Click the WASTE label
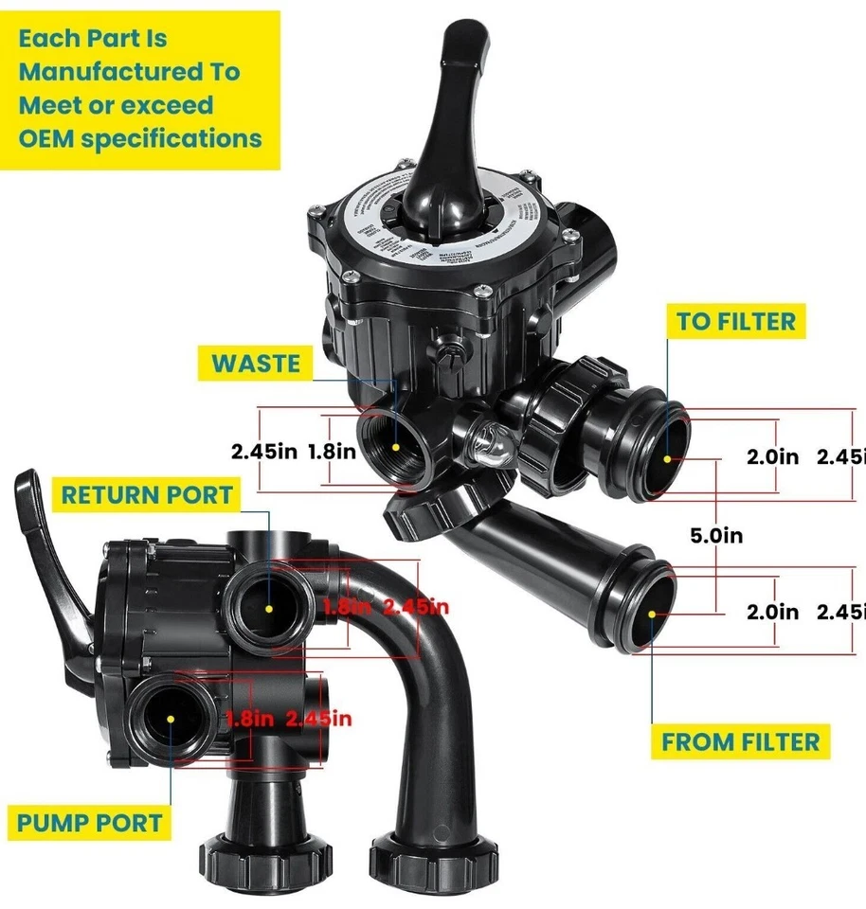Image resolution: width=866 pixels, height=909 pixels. [x=256, y=364]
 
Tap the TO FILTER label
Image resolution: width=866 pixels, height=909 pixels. [x=735, y=322]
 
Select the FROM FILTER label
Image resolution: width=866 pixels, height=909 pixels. [x=740, y=741]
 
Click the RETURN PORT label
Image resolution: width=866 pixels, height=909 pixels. [x=147, y=494]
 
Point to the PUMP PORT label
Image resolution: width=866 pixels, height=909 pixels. [x=88, y=822]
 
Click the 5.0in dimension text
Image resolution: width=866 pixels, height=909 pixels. [x=715, y=536]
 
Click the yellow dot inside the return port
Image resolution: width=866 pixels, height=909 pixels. [x=269, y=608]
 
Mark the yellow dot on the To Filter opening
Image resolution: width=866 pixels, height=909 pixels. [x=667, y=458]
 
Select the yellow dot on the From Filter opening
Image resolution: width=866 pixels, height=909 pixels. [x=653, y=614]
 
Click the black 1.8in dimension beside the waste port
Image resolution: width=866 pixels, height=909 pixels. [x=332, y=452]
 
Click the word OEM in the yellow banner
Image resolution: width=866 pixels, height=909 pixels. [x=45, y=138]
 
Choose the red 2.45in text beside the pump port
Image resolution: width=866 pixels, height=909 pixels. [x=318, y=719]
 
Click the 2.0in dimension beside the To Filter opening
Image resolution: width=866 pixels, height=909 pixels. [x=773, y=455]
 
